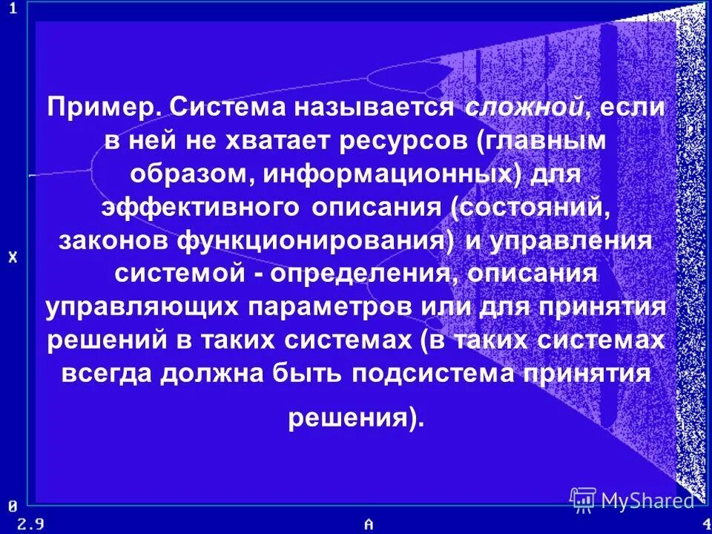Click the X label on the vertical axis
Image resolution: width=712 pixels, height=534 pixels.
pos(13,258)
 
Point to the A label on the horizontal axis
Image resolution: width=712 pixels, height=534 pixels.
pos(369,523)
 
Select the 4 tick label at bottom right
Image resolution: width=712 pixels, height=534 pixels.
pos(705,523)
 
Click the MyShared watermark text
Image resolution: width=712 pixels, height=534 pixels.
pos(647,501)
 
